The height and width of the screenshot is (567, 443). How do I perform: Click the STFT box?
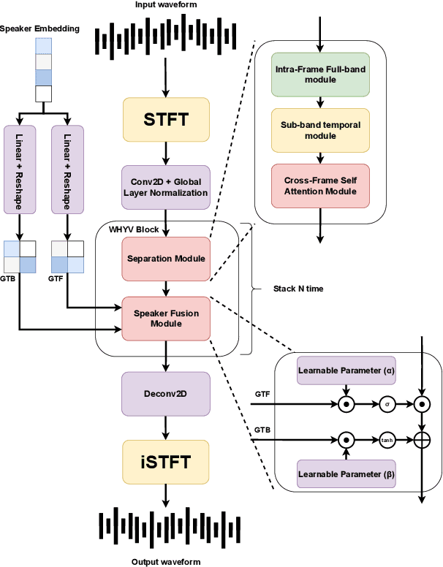(166, 119)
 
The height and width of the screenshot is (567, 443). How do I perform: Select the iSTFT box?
(166, 461)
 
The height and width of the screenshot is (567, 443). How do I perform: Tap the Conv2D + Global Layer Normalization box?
(166, 186)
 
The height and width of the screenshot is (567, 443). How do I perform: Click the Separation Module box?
(166, 258)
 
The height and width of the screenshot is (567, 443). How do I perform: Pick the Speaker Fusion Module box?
(166, 318)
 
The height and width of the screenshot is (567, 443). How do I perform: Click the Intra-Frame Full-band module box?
(319, 74)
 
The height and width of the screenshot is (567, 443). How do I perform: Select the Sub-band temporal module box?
(319, 129)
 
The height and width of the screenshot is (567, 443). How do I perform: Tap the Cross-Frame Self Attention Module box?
(319, 186)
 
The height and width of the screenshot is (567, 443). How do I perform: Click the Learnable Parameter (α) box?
(346, 370)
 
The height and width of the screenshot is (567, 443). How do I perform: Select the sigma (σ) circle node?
(386, 403)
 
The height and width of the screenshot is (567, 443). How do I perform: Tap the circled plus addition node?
(422, 440)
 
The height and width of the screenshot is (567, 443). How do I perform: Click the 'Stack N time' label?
(298, 289)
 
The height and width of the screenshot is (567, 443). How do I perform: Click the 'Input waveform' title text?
(166, 7)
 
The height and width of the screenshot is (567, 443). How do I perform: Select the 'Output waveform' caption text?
(166, 560)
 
